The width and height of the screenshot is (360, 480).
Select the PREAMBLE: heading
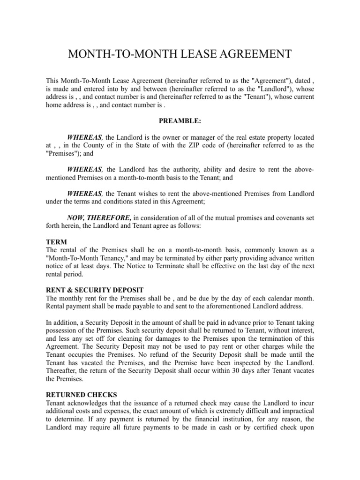pyautogui.click(x=180, y=121)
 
